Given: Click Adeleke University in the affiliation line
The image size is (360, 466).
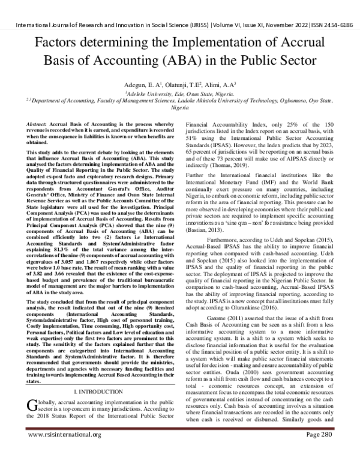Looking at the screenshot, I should coord(145,94).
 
